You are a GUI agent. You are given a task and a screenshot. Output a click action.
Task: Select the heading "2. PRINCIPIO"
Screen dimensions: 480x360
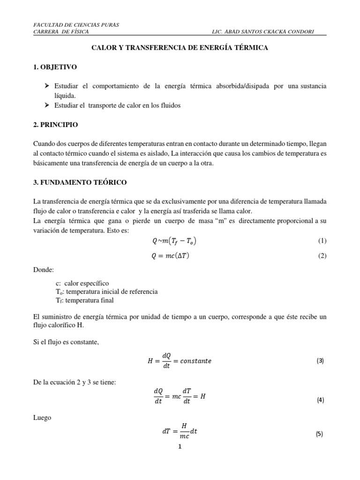click(56, 125)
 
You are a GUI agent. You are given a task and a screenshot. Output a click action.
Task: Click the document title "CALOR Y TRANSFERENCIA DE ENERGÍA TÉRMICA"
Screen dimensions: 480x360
click(179, 48)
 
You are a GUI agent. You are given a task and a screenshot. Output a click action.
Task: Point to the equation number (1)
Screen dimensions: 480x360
click(322, 241)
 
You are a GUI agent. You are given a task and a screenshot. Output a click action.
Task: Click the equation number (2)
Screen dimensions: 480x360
click(322, 255)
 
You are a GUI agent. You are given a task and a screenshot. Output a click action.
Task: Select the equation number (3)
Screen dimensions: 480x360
click(320, 361)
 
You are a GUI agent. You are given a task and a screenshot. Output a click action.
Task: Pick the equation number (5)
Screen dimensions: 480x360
click(320, 434)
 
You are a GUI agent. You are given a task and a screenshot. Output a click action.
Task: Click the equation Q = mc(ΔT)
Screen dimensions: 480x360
click(172, 255)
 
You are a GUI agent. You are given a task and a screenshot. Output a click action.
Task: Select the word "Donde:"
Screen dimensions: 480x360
click(44, 270)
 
